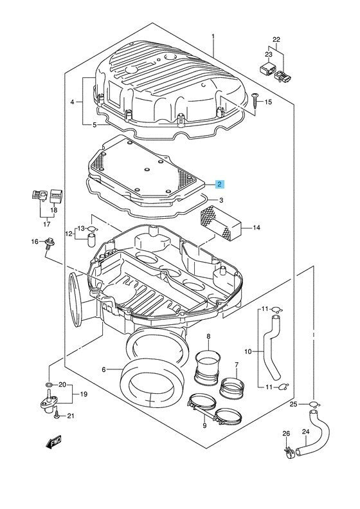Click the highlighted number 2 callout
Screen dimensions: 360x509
click(x=220, y=185)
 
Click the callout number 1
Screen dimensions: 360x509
click(x=213, y=36)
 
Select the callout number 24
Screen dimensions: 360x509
click(x=306, y=432)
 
